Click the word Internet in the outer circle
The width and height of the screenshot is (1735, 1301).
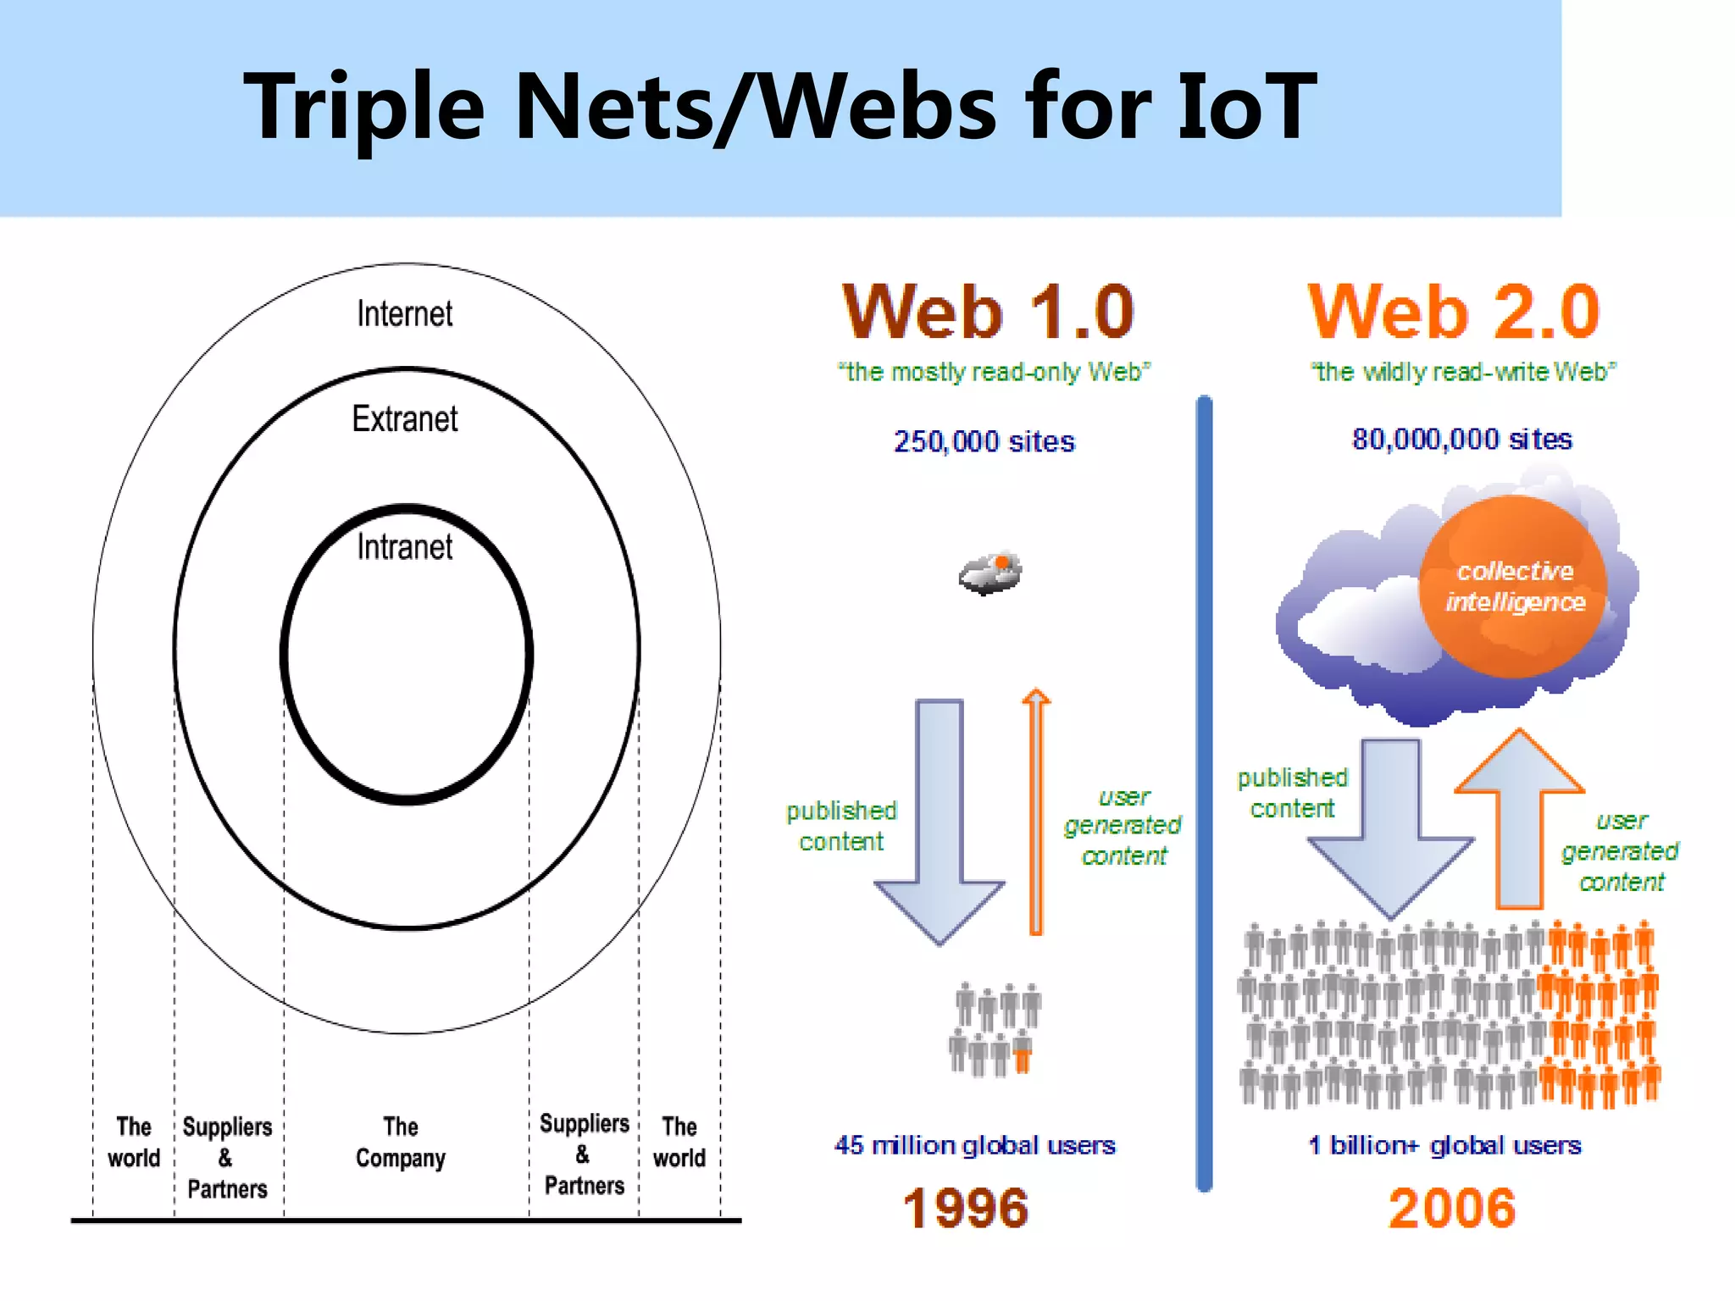pos(404,314)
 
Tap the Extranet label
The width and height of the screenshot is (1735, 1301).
pos(404,419)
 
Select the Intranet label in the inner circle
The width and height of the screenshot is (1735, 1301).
pos(404,547)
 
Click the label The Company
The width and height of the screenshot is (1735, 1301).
pos(400,1143)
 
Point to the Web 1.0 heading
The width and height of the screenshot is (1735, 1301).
pos(988,312)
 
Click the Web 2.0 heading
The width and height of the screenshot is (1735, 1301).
pos(1454,312)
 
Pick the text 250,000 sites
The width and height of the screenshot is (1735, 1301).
pos(984,441)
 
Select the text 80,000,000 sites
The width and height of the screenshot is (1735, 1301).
pos(1461,439)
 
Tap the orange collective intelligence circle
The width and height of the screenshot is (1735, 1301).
pos(1513,586)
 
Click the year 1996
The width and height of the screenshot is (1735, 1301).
pos(965,1208)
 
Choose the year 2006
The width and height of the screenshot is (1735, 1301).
pos(1451,1208)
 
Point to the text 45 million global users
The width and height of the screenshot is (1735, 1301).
pos(974,1145)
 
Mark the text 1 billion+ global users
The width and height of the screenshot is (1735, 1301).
pos(1444,1145)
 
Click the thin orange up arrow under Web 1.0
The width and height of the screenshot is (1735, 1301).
pos(1035,813)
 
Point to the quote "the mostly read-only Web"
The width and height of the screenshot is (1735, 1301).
pos(994,372)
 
